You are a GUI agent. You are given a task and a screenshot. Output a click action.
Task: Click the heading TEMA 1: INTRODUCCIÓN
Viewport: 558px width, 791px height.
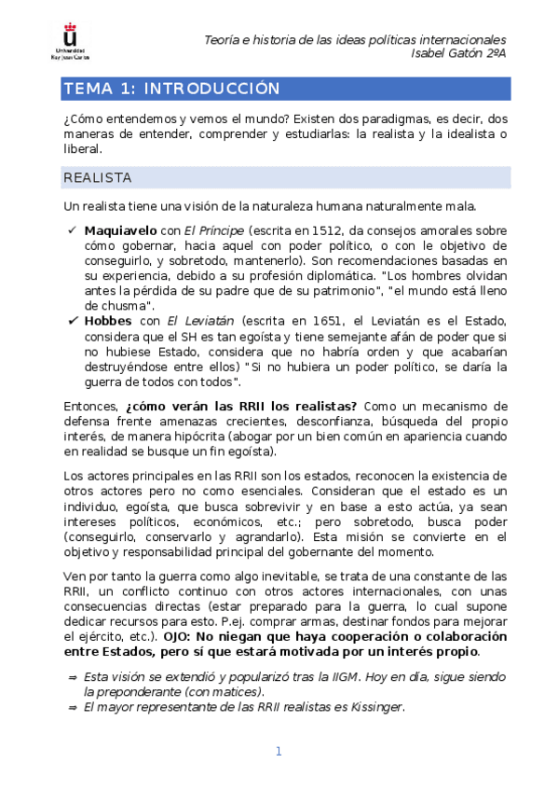[x=170, y=89]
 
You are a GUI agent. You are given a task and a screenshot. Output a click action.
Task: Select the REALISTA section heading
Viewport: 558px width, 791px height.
[x=97, y=177]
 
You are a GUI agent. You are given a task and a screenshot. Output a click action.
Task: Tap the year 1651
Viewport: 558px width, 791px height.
[x=313, y=320]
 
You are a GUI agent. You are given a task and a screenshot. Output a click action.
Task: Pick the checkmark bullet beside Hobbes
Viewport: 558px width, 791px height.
[x=72, y=320]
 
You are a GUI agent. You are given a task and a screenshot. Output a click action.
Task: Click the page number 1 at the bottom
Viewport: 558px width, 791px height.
[x=278, y=751]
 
